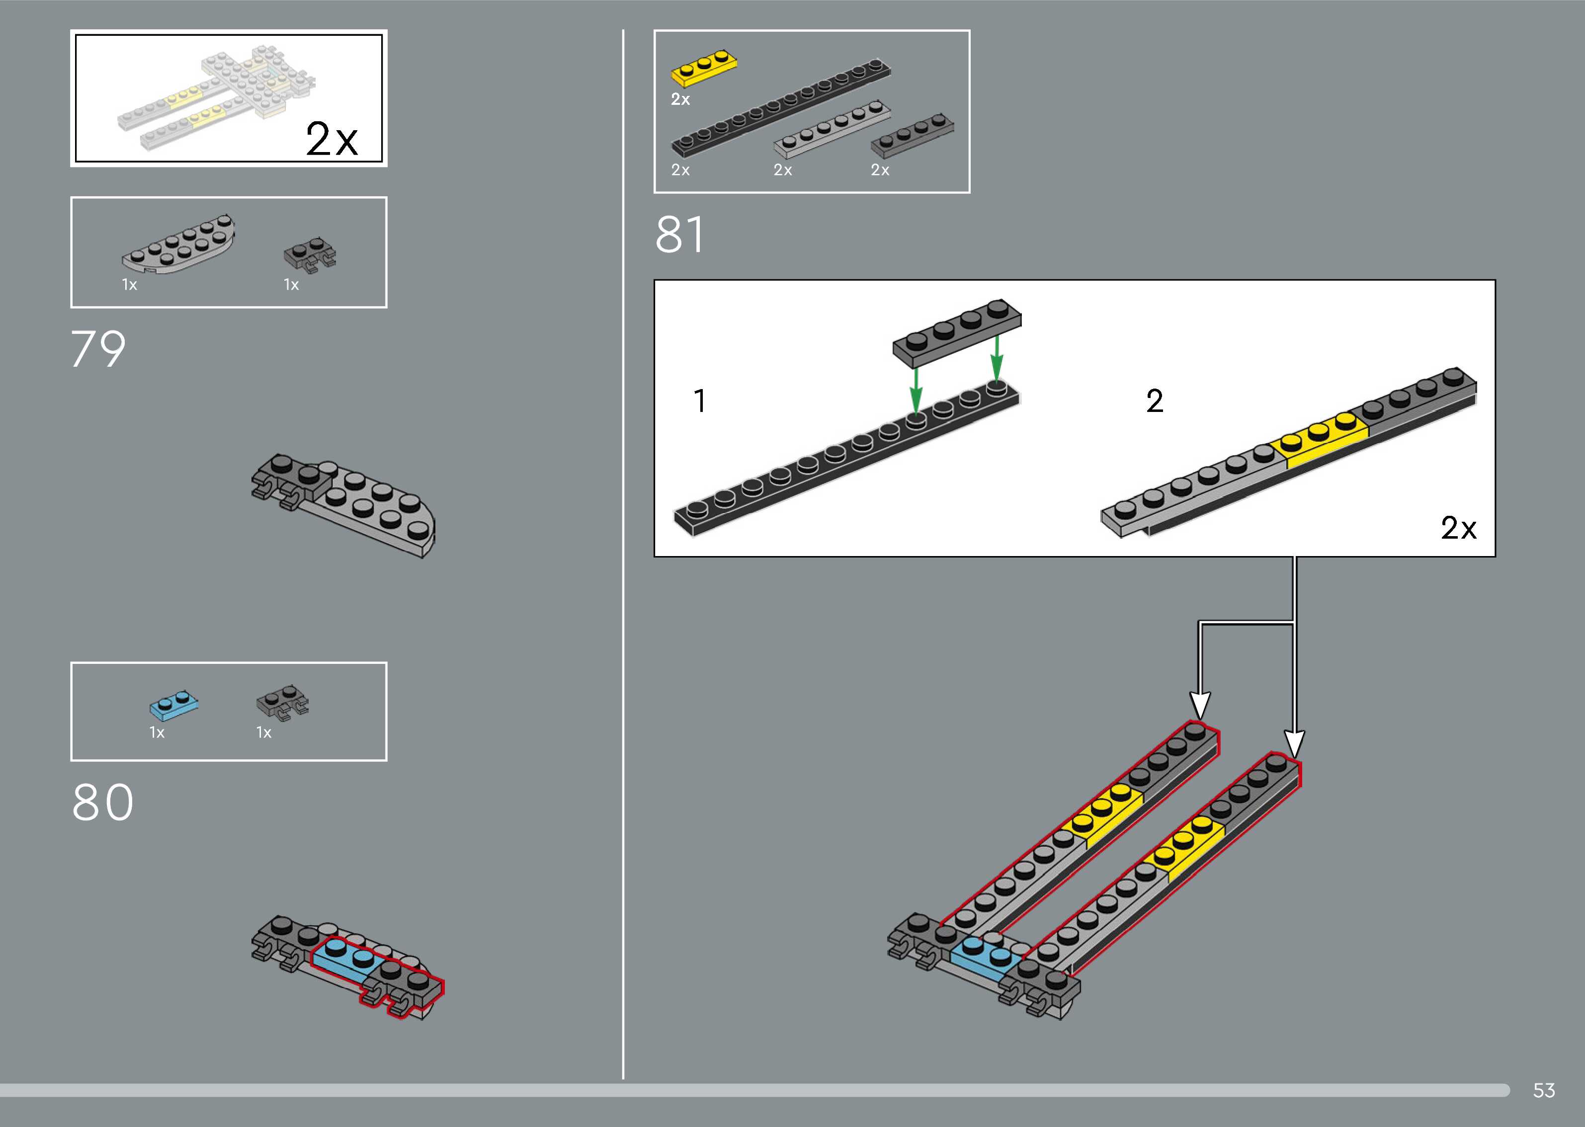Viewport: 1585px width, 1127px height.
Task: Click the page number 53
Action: (1543, 1090)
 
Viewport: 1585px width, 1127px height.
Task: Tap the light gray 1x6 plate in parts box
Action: (832, 129)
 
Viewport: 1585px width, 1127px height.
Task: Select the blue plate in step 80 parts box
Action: (173, 705)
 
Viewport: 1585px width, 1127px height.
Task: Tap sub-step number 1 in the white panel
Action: (699, 401)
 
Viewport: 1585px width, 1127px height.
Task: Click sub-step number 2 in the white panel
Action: (1154, 401)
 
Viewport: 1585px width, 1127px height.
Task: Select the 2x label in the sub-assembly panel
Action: (1458, 528)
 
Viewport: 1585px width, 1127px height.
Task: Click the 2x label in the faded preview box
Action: (331, 140)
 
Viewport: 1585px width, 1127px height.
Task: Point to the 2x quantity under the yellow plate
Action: (680, 99)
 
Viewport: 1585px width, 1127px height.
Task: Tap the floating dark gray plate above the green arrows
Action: (956, 333)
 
